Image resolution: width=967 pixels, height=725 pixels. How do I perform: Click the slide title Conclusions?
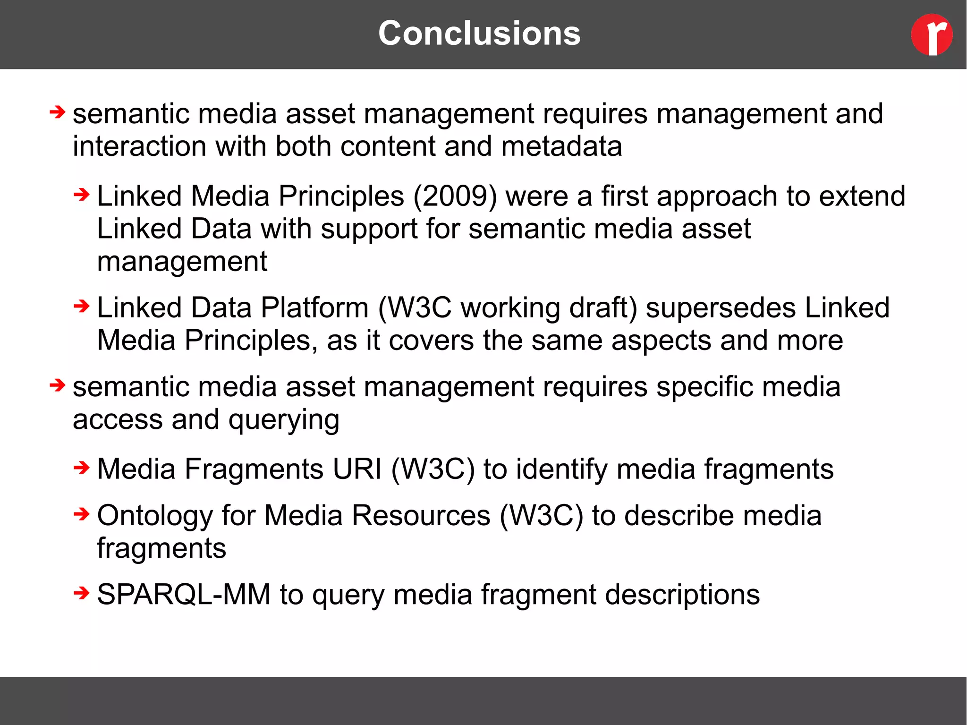pos(479,34)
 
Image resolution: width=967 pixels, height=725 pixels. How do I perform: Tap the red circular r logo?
pos(932,34)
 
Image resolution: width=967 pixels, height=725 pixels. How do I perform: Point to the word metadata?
pos(561,146)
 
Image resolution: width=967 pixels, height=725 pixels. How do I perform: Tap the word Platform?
pos(314,307)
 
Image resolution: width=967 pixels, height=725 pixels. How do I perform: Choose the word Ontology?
pos(155,516)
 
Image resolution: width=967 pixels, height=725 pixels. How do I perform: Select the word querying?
pos(284,420)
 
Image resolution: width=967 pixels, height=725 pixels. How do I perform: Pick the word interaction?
pos(139,146)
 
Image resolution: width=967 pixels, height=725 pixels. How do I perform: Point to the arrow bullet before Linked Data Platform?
pos(81,306)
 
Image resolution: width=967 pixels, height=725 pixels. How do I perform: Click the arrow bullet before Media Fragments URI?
pos(81,468)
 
